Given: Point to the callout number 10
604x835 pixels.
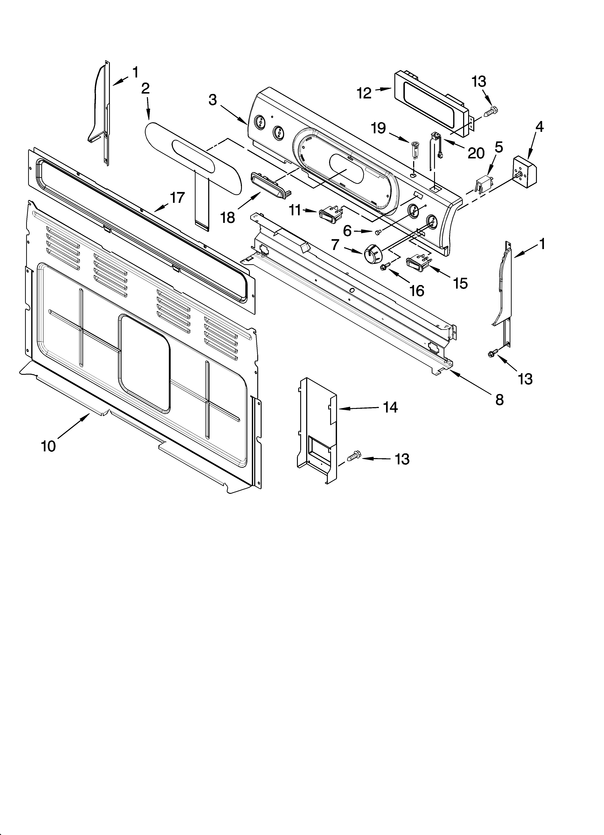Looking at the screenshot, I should [x=48, y=446].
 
